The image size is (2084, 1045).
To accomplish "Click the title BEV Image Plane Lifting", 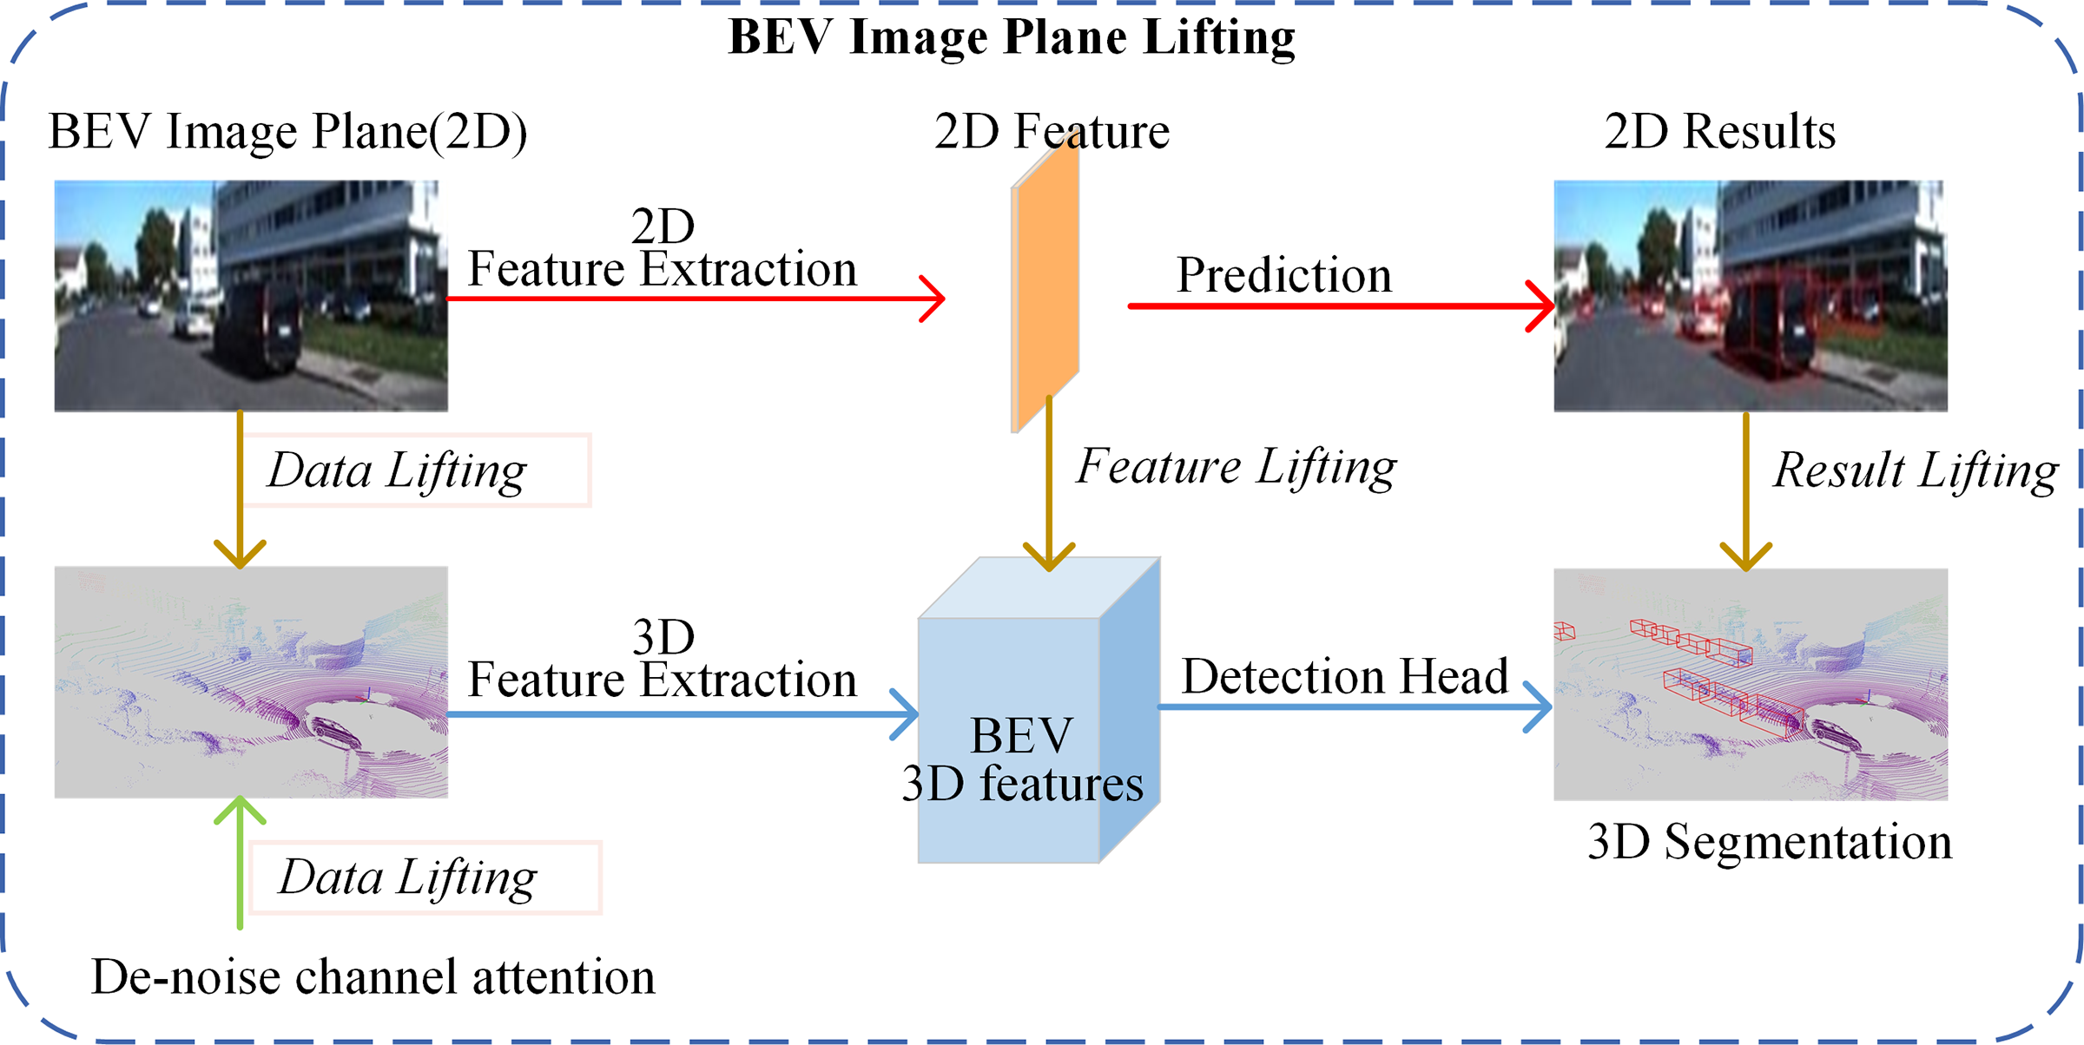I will (1012, 36).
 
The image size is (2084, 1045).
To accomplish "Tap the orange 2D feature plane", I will (1045, 286).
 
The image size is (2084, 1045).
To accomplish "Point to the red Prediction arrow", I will (1337, 306).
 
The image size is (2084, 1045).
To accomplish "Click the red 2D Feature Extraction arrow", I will (695, 299).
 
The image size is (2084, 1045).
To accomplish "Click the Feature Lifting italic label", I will (1237, 467).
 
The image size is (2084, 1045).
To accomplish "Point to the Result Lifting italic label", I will (1915, 470).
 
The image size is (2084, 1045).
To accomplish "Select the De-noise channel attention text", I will (373, 976).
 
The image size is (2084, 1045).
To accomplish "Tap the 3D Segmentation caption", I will (1770, 841).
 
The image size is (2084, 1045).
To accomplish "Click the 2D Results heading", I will (1719, 132).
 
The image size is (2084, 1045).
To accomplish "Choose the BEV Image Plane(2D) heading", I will (287, 132).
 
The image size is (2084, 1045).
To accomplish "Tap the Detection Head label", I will (1344, 676).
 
